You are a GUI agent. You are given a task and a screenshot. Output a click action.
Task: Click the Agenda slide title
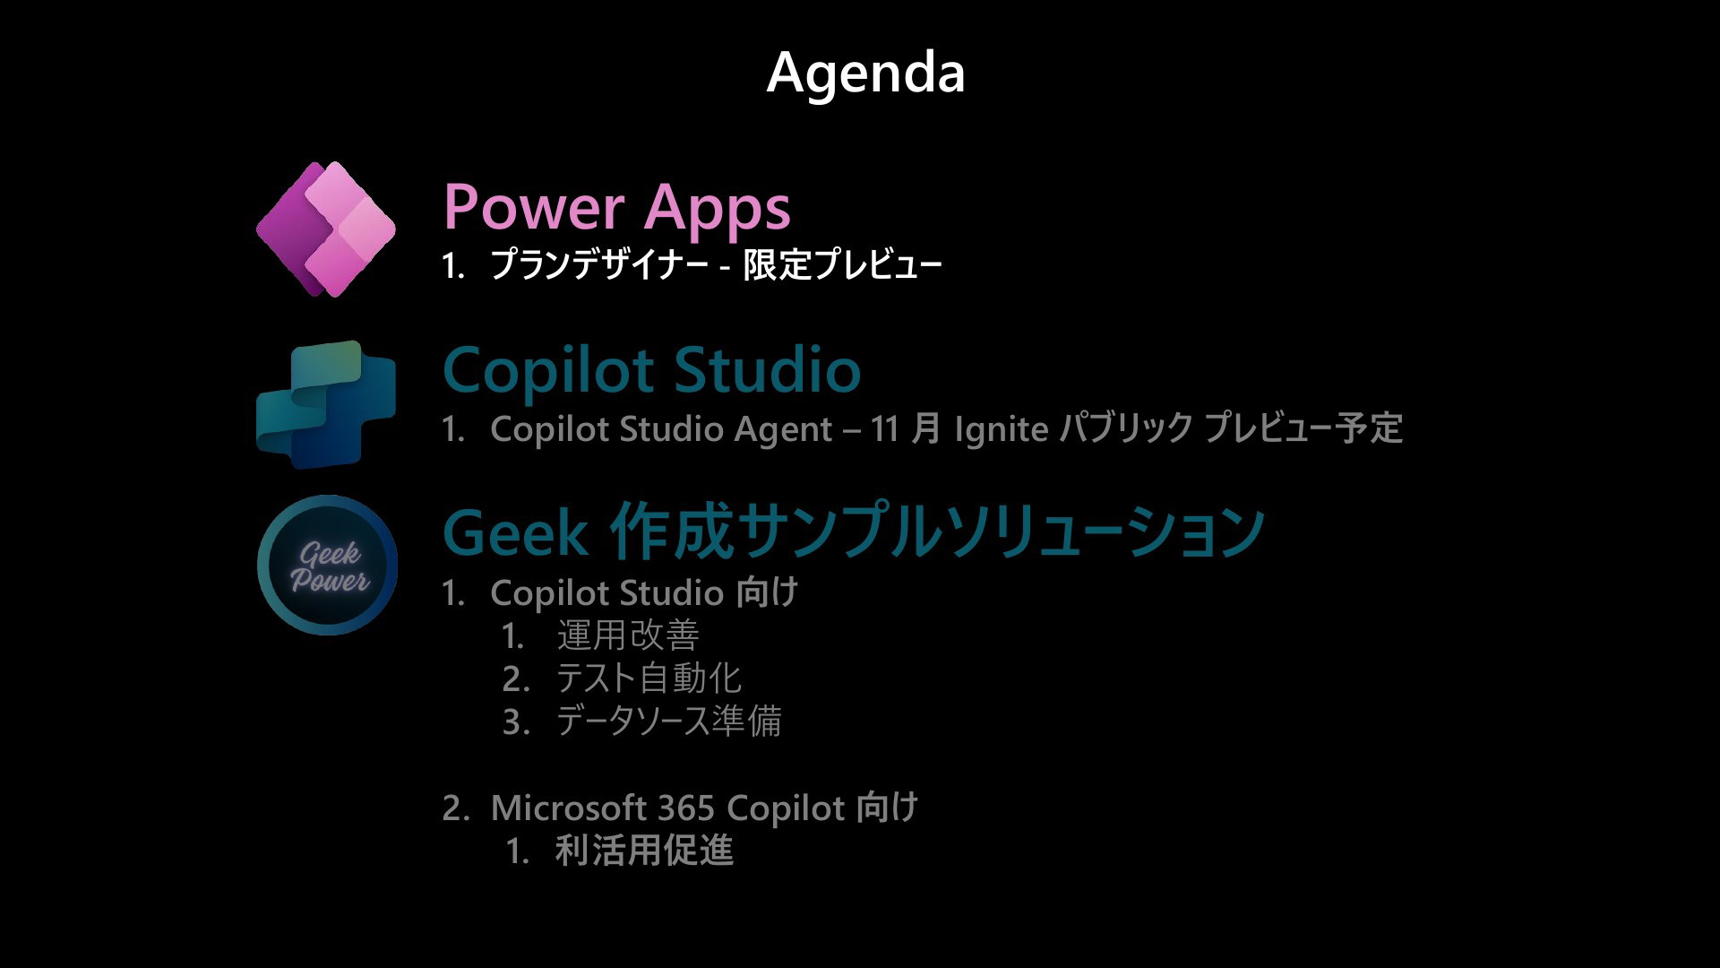pos(865,73)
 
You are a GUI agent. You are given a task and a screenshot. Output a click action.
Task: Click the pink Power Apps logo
pos(326,229)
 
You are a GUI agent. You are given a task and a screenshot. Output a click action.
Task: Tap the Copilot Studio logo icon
pos(326,405)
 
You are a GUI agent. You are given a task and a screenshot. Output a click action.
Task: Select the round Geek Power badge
pos(327,566)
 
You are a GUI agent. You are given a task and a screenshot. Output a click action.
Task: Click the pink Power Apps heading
pos(617,208)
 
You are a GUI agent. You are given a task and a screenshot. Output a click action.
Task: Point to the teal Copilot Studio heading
pos(652,370)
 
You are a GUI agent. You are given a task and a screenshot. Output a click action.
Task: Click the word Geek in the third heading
pos(515,532)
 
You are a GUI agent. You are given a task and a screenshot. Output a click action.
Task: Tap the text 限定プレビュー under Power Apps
pos(842,264)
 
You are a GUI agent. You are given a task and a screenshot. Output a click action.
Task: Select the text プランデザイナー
pos(599,264)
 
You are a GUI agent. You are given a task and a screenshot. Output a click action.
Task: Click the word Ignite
pos(1002,429)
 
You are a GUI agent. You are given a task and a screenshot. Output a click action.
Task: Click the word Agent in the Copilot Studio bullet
pos(784,429)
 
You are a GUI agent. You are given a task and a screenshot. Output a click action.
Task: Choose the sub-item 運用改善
pos(628,635)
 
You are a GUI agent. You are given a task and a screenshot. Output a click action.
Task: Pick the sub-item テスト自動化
pos(649,678)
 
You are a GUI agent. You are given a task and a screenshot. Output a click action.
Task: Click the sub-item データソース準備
pos(668,722)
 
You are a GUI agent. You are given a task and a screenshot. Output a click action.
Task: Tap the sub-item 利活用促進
pos(644,851)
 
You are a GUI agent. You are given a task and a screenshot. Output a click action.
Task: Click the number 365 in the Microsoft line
pos(685,808)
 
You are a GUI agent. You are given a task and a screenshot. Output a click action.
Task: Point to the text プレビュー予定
pos(1303,428)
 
